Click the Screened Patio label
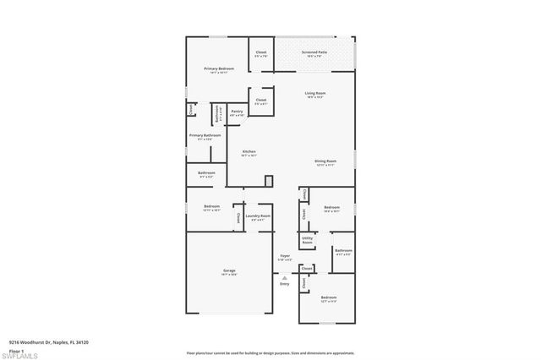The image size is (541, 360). [x=314, y=52]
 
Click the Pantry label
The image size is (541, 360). [x=237, y=111]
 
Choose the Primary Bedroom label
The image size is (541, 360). [x=218, y=68]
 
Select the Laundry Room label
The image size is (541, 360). [x=260, y=216]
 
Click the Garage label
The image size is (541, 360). [x=228, y=270]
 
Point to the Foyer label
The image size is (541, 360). [x=285, y=255]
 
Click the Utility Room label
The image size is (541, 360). [x=307, y=240]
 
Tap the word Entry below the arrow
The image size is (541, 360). [x=285, y=283]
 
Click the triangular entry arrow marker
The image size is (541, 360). [x=285, y=276]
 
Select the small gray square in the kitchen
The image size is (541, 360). [x=269, y=180]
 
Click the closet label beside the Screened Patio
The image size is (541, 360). [x=261, y=52]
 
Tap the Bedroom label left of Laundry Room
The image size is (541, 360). [x=211, y=207]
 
